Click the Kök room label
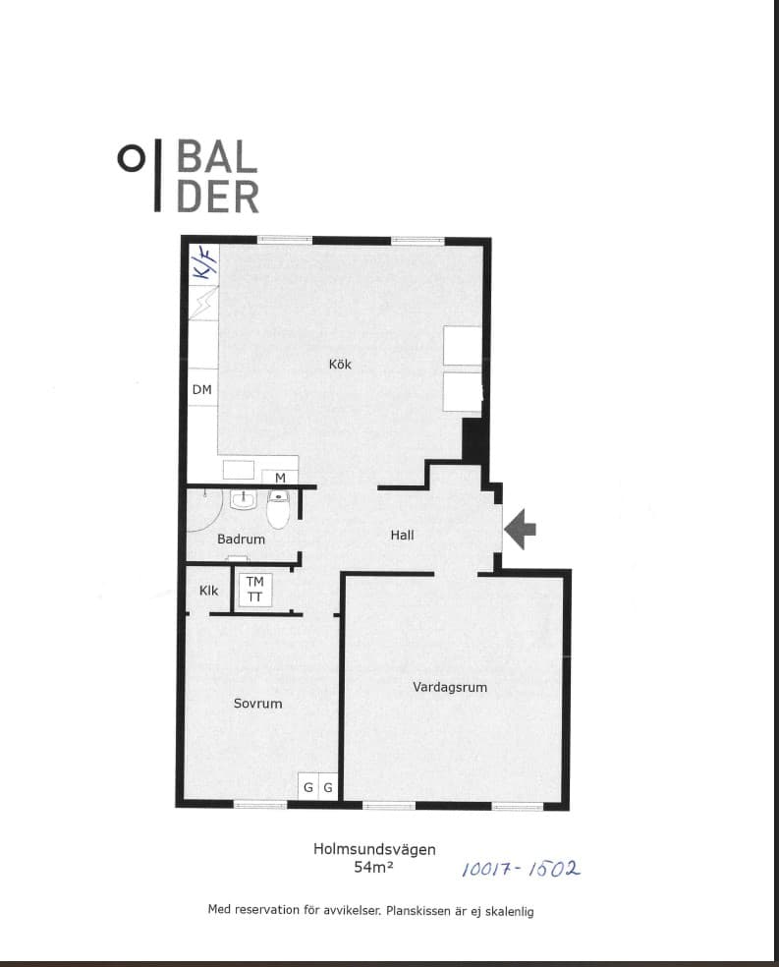point(340,364)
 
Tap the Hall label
point(402,535)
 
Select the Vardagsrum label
point(450,687)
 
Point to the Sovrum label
point(257,703)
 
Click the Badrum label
point(241,539)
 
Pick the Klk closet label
point(208,591)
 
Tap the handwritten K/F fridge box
point(202,263)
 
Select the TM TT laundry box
point(254,589)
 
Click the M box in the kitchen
point(280,478)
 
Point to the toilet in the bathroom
point(278,509)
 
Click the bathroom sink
point(244,499)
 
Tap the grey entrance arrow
point(520,529)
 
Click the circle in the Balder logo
point(131,159)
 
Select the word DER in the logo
point(217,197)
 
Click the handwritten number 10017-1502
point(521,869)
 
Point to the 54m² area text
point(373,867)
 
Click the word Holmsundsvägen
point(374,849)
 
